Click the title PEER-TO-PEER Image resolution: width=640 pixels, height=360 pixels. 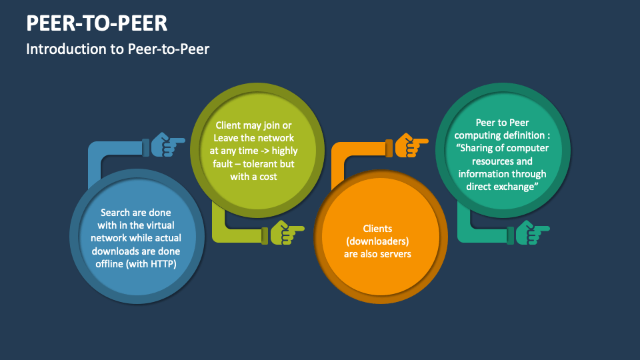coord(97,23)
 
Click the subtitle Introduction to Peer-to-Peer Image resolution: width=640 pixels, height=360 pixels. coord(117,49)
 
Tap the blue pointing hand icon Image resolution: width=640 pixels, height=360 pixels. coord(167,145)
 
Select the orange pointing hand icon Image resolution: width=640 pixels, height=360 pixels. coord(411,145)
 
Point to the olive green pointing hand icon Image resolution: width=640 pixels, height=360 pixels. coord(287,233)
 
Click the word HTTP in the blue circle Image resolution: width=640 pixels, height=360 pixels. coord(162,264)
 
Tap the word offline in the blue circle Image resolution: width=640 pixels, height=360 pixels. coord(109,264)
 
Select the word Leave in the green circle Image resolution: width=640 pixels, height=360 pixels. coord(226,138)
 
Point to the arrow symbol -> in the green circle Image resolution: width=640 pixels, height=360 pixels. coord(264,151)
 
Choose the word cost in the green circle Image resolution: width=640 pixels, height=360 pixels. coord(268,177)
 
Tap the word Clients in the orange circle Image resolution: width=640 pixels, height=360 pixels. coord(377,229)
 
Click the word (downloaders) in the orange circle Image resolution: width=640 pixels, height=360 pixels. coord(377,241)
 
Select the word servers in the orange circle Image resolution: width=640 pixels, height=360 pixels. coord(395,254)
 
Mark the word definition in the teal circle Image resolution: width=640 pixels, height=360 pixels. coord(525,135)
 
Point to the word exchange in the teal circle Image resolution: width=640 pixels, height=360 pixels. coord(517,187)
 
